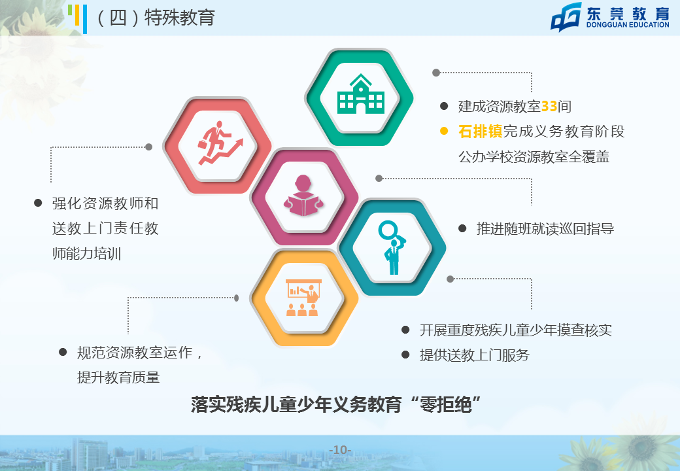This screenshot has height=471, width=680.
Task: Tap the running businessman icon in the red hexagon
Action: point(220,143)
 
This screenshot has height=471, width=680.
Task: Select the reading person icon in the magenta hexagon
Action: point(303,196)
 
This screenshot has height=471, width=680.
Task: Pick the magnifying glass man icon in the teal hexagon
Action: point(392,248)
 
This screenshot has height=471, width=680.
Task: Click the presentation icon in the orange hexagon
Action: point(303,298)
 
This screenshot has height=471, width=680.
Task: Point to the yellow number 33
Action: point(549,106)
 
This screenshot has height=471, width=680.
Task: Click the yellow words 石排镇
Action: point(480,131)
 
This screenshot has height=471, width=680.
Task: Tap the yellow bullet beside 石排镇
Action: point(444,131)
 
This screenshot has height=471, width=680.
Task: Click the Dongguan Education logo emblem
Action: point(566,17)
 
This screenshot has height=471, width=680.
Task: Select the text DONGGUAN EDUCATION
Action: point(628,25)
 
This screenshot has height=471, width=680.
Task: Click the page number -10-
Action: point(340,450)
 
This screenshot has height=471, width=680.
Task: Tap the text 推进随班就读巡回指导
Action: point(545,228)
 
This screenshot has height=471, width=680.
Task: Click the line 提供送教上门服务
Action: point(475,355)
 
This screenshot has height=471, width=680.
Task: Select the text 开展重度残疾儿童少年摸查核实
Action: point(516,330)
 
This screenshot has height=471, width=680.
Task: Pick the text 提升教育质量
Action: point(118,377)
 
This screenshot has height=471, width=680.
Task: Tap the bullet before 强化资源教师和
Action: point(38,203)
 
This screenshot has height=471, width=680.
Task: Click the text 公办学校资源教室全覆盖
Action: point(534,156)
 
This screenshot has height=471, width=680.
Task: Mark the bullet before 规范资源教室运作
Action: point(63,352)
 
